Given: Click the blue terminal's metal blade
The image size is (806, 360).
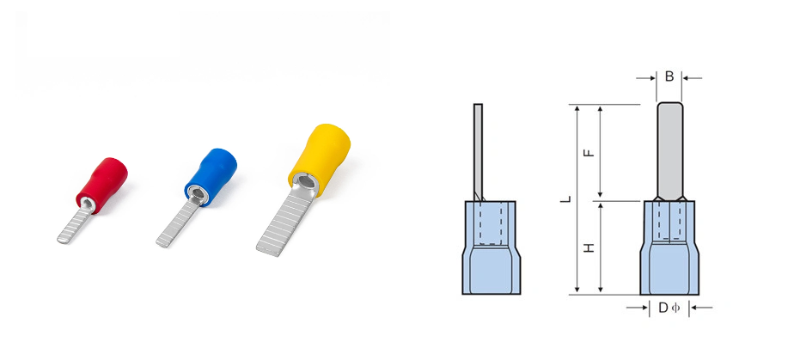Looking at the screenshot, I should point(174,221).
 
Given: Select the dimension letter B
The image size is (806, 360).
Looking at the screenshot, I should point(669,76).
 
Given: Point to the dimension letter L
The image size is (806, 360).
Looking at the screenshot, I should point(565,199).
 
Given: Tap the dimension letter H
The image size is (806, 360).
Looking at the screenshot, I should point(589,247).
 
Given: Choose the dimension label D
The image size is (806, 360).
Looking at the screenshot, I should point(663,308).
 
